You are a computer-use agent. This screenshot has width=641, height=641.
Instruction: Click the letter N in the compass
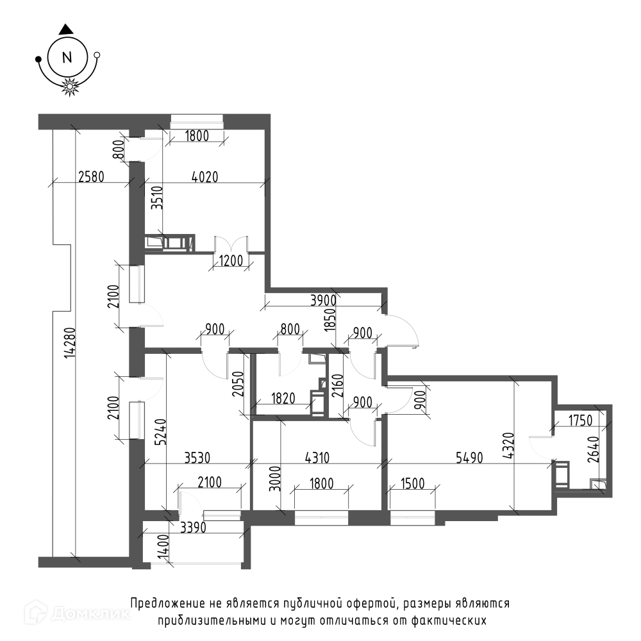tap(67, 57)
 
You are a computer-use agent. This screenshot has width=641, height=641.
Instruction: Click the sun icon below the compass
tap(70, 87)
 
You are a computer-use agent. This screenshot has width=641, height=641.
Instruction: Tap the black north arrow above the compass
tap(66, 29)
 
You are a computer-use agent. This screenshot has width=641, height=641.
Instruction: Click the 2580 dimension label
tap(91, 177)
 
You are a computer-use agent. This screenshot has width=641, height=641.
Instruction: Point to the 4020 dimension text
tap(205, 177)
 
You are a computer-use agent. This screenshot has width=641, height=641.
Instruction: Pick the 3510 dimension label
tap(158, 198)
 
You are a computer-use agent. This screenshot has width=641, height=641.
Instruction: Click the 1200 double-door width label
tap(231, 260)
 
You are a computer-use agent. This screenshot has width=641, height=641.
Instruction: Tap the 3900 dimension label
tap(323, 301)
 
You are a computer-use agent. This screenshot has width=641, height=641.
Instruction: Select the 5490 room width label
tap(469, 458)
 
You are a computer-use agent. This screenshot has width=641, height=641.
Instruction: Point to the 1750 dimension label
tap(580, 420)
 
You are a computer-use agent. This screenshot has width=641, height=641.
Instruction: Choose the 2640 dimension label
tap(594, 450)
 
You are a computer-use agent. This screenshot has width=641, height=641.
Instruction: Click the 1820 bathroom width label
tap(283, 398)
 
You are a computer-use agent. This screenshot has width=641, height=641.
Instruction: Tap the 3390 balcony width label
tap(193, 528)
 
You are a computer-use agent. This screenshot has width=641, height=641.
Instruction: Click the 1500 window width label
tap(412, 483)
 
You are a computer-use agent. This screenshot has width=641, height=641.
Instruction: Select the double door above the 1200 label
tap(231, 244)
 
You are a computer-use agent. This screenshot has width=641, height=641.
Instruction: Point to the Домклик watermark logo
tap(78, 613)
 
